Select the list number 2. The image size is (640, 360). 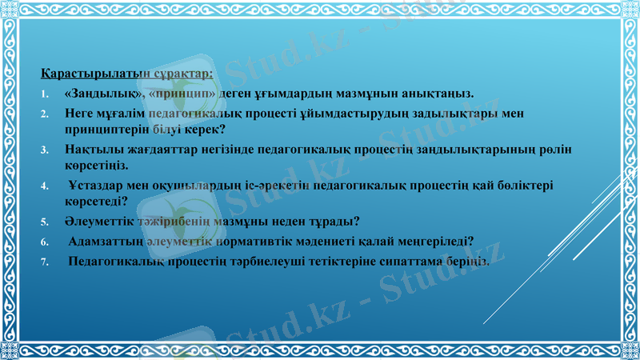[46, 114]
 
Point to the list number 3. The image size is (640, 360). [46, 150]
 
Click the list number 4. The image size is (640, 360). [46, 186]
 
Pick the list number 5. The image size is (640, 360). [46, 222]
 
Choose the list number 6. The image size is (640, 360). [46, 241]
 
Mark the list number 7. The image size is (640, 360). [46, 261]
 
